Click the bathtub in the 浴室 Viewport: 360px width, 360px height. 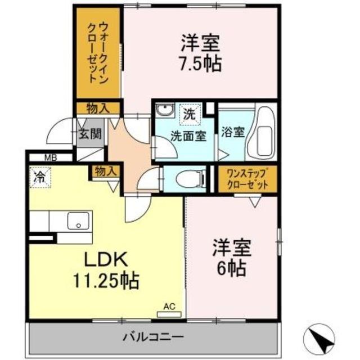263,136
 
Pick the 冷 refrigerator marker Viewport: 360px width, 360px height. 40,177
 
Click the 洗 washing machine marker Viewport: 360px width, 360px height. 189,113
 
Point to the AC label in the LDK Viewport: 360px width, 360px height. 169,306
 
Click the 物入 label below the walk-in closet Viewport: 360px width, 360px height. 98,107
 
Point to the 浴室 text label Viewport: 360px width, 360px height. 232,133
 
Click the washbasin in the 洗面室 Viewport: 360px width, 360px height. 164,110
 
